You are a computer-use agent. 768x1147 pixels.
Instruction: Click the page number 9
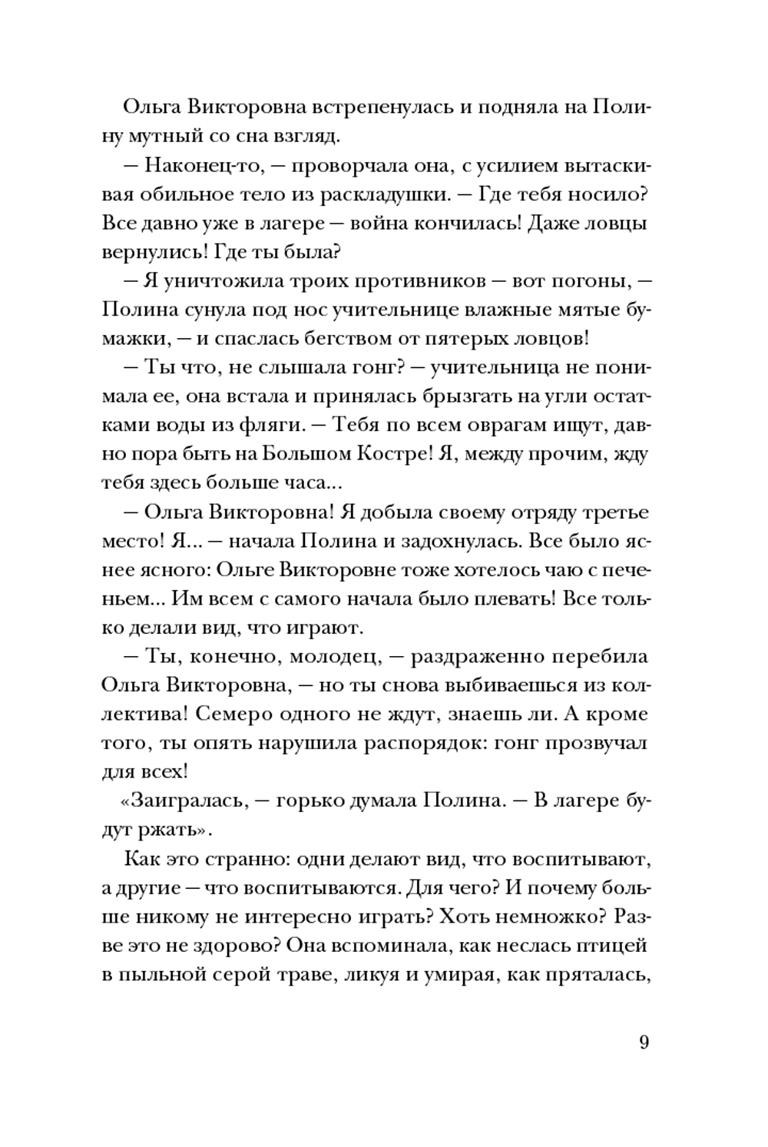[644, 1043]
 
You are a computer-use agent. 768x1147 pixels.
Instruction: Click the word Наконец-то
[197, 166]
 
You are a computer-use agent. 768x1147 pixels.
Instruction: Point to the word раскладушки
[386, 195]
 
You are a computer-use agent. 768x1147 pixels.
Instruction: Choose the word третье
[611, 512]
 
